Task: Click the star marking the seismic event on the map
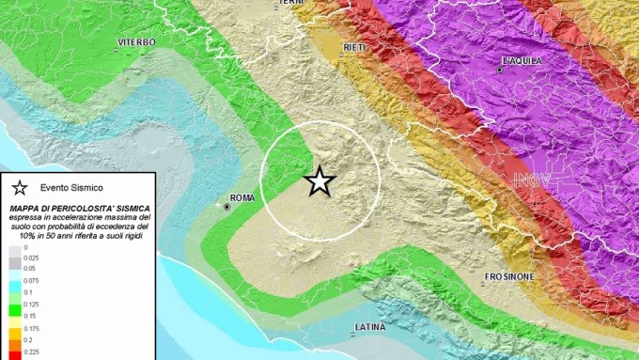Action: (x=319, y=180)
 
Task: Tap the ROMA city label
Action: (x=242, y=197)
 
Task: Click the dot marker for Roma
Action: (x=226, y=206)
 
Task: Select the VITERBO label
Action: (x=136, y=42)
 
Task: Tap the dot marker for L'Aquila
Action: (x=500, y=70)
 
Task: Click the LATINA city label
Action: (x=369, y=327)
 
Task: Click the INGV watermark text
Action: (x=533, y=180)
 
